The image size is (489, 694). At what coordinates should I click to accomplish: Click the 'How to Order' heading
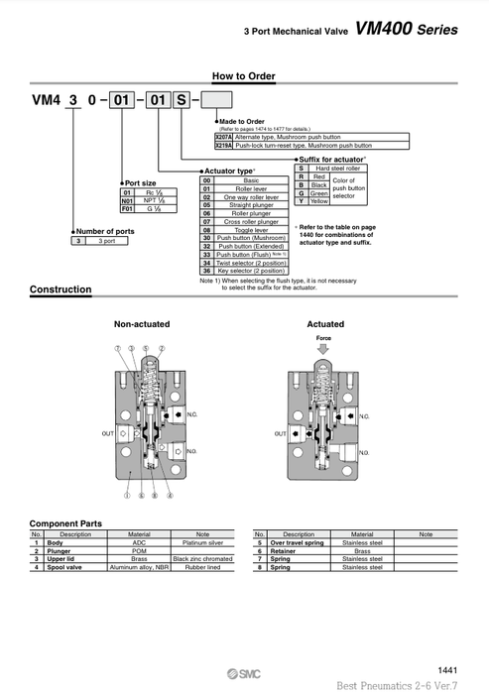pyautogui.click(x=243, y=76)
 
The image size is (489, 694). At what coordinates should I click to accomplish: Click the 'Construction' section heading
pyautogui.click(x=61, y=289)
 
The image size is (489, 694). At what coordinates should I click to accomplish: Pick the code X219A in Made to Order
pyautogui.click(x=224, y=145)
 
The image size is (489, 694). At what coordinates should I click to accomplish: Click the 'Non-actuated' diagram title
pyautogui.click(x=142, y=324)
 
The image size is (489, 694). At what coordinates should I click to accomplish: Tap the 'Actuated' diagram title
pyautogui.click(x=325, y=324)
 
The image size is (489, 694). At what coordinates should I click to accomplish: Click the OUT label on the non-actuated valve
pyautogui.click(x=107, y=433)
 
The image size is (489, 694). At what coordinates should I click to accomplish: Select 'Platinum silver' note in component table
pyautogui.click(x=202, y=543)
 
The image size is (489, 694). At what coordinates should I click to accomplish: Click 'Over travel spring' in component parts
pyautogui.click(x=298, y=543)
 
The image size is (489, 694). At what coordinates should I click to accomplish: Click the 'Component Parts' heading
pyautogui.click(x=65, y=522)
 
